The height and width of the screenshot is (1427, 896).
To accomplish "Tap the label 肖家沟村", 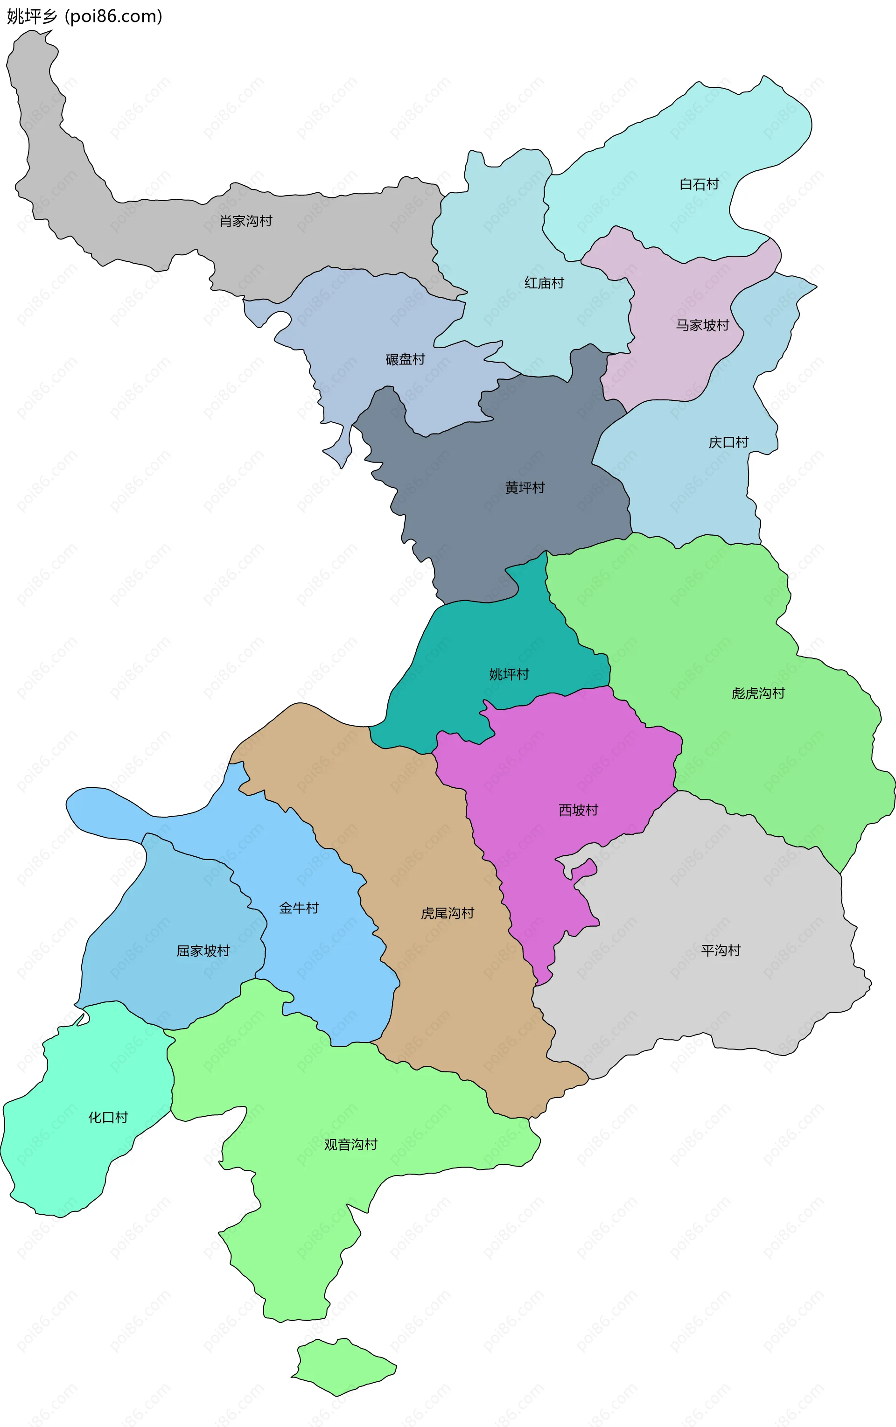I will pos(245,221).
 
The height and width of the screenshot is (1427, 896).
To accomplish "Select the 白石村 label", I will pos(699,184).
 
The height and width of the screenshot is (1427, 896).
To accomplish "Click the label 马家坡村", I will pos(702,325).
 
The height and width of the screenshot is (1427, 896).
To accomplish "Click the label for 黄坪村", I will pos(525,488).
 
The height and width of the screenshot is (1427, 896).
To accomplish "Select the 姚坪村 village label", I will pos(509,674).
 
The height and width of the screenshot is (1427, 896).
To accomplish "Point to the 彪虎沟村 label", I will pos(758,693).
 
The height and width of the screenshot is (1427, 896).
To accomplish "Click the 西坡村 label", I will pos(578,810).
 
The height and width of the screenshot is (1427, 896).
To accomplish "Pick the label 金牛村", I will pos(299,908).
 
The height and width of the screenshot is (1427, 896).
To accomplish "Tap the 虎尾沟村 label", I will pos(448,913).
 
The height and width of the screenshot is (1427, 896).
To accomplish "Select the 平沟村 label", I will pos(721,951).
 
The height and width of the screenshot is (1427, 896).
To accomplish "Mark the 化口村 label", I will pos(108,1118).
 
